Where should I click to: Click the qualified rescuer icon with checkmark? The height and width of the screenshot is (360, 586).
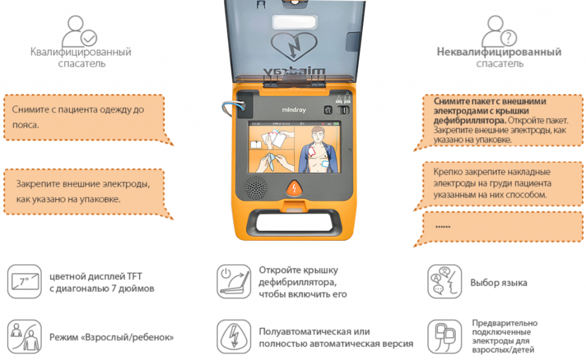point(80,31)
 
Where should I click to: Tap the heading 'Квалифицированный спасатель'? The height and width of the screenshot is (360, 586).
point(81,57)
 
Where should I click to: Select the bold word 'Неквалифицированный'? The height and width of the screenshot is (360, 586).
point(499,52)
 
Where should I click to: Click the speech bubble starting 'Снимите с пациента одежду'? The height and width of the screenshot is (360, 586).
point(84,117)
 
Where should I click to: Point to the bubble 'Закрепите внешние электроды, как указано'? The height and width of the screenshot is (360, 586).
point(84,192)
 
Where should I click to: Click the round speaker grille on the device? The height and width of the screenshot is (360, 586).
point(256,188)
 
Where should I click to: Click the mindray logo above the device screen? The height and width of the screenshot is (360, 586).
point(292,108)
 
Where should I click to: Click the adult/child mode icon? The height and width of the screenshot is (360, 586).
point(25,336)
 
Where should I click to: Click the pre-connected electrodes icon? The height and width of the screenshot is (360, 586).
point(445,336)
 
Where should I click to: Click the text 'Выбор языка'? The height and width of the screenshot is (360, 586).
point(498,283)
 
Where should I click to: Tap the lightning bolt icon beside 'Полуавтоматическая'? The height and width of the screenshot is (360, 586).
point(233,336)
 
